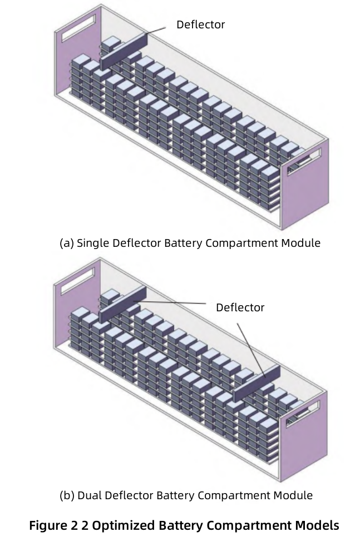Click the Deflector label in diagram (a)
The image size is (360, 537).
(200, 24)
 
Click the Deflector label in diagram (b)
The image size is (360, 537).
(240, 307)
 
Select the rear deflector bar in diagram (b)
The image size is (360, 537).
(122, 304)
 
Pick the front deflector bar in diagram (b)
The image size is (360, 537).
(256, 384)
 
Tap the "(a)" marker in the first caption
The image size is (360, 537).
(66, 243)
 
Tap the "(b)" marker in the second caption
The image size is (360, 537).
(66, 495)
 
